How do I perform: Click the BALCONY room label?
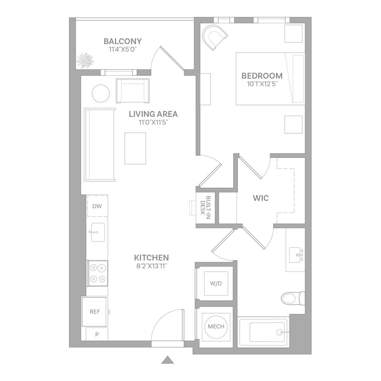pyautogui.click(x=122, y=41)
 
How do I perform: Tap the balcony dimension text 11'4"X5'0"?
pyautogui.click(x=123, y=50)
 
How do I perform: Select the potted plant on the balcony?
pyautogui.click(x=85, y=61)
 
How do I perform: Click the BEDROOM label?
pyautogui.click(x=262, y=76)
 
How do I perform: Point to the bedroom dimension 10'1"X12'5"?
pyautogui.click(x=262, y=84)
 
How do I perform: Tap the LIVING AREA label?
pyautogui.click(x=153, y=114)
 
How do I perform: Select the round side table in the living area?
pyautogui.click(x=101, y=94)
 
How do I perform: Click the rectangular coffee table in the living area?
pyautogui.click(x=135, y=149)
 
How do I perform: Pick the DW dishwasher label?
pyautogui.click(x=97, y=206)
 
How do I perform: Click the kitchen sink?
pyautogui.click(x=98, y=232)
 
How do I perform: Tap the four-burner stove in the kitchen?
pyautogui.click(x=98, y=273)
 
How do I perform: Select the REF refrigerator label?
pyautogui.click(x=95, y=312)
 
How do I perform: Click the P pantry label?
pyautogui.click(x=97, y=334)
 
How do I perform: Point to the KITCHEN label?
pyautogui.click(x=152, y=257)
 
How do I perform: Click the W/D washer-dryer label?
pyautogui.click(x=216, y=283)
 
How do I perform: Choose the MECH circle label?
pyautogui.click(x=216, y=326)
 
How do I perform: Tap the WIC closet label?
pyautogui.click(x=261, y=198)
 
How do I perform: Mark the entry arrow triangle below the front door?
pyautogui.click(x=168, y=360)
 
